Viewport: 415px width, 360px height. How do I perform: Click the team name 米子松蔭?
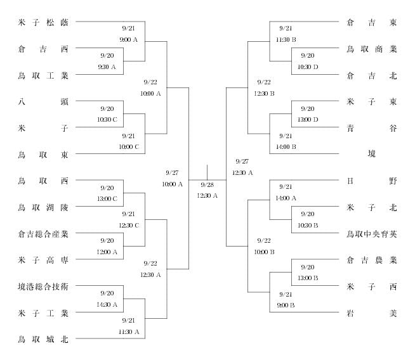pyautogui.click(x=43, y=22)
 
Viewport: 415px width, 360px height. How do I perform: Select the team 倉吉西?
pyautogui.click(x=43, y=49)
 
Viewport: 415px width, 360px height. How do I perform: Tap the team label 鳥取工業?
pyautogui.click(x=43, y=76)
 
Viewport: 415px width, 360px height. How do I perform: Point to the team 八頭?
pyautogui.click(x=43, y=101)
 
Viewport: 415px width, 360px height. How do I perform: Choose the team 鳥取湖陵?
pyautogui.click(x=43, y=207)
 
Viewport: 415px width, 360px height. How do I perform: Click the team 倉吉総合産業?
pyautogui.click(x=43, y=234)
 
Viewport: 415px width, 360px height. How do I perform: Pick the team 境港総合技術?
pyautogui.click(x=43, y=286)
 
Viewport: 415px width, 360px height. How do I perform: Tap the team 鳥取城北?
pyautogui.click(x=43, y=339)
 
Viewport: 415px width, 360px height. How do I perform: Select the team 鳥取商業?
pyautogui.click(x=372, y=49)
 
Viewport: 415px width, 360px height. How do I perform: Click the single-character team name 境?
pyautogui.click(x=372, y=153)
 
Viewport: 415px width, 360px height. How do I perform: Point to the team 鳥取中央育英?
pyautogui.click(x=372, y=234)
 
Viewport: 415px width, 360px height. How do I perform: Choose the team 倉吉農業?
pyautogui.click(x=372, y=260)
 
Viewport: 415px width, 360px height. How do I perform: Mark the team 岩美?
pyautogui.click(x=372, y=313)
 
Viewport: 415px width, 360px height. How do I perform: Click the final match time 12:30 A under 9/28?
pyautogui.click(x=208, y=196)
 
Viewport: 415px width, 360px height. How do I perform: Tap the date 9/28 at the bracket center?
pyautogui.click(x=208, y=185)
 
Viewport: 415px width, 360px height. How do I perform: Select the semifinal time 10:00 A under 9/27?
pyautogui.click(x=173, y=184)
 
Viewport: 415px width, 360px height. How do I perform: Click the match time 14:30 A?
pyautogui.click(x=107, y=304)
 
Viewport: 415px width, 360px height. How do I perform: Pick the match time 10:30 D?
pyautogui.click(x=308, y=67)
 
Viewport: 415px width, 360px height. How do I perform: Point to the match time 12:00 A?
pyautogui.click(x=107, y=252)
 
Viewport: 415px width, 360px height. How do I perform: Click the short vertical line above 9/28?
pyautogui.click(x=207, y=172)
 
